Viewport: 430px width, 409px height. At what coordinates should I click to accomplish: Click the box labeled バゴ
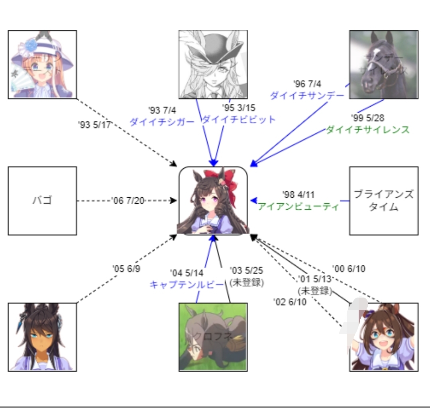tap(42, 201)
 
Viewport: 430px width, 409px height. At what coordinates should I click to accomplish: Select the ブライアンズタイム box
tap(384, 201)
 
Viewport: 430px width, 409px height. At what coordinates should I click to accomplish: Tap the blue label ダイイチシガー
tap(161, 122)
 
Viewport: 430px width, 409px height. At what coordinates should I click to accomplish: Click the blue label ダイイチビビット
tap(239, 119)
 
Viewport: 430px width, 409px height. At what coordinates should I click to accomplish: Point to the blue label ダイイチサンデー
tap(306, 95)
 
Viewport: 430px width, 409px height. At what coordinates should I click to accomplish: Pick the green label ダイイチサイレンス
tap(367, 130)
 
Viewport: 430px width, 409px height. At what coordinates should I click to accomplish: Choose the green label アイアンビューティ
tap(298, 206)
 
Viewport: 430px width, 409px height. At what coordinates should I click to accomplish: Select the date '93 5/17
tap(94, 125)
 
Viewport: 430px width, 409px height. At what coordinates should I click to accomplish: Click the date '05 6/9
tap(126, 269)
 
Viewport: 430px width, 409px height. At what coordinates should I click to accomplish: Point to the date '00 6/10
tap(348, 269)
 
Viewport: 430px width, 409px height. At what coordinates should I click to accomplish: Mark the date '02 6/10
tap(290, 302)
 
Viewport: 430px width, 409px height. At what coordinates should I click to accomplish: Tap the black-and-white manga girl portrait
tap(213, 64)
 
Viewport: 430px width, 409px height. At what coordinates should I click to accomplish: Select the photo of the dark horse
tap(384, 64)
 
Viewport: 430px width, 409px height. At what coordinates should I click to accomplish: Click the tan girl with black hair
tap(42, 337)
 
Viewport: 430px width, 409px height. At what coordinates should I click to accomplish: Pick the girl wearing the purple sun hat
tap(42, 64)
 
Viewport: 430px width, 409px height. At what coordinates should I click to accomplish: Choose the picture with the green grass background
tap(213, 337)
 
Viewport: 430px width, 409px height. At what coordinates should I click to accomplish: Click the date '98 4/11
tap(298, 195)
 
